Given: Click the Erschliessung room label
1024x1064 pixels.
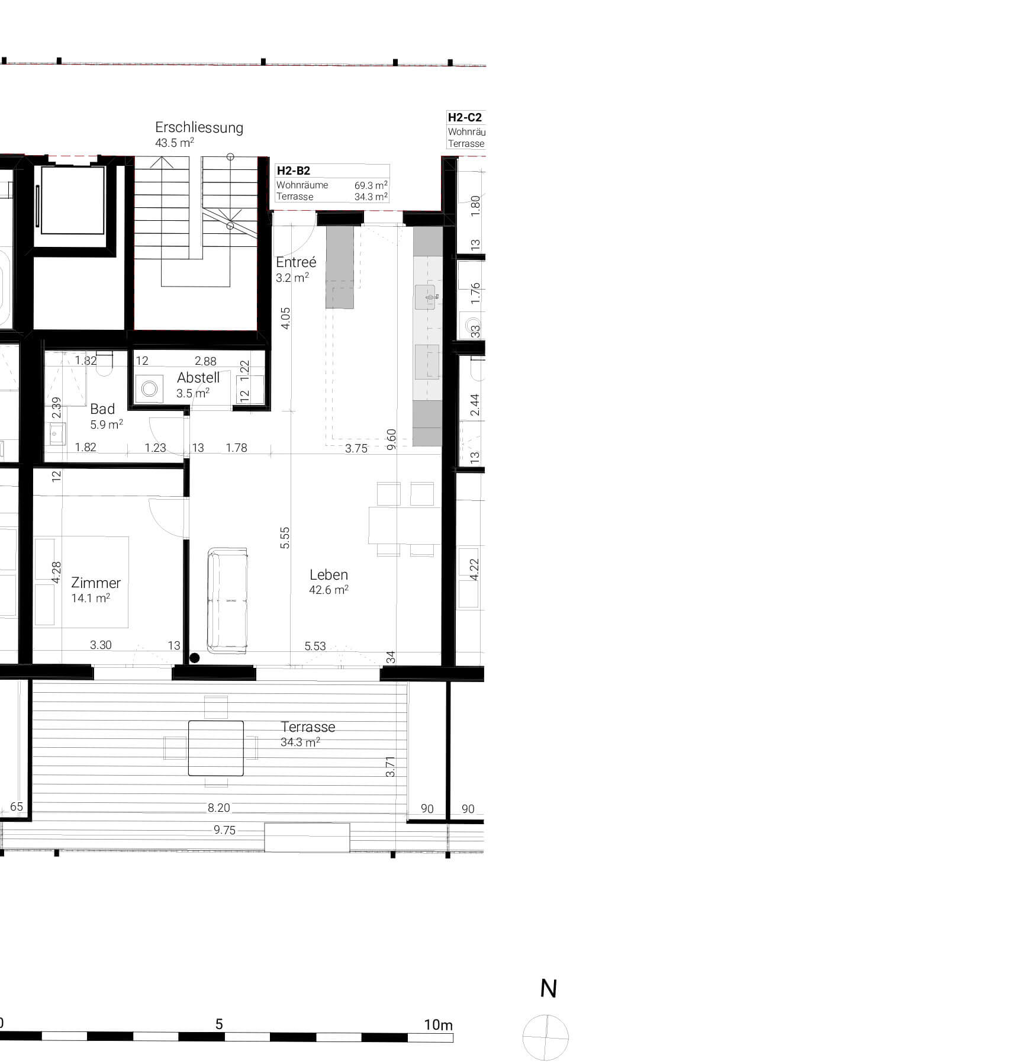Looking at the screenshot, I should coord(199,128).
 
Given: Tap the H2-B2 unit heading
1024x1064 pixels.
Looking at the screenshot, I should coord(294,171).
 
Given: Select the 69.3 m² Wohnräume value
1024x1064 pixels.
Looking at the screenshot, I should coord(371,185).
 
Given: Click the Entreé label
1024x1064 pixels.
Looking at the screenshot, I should coord(296,262).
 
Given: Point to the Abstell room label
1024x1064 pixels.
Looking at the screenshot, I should coord(198,378).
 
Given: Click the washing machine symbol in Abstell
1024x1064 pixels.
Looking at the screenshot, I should coord(149,389).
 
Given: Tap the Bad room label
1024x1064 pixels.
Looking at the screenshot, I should coord(102,409).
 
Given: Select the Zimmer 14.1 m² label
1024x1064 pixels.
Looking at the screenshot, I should coord(95,590).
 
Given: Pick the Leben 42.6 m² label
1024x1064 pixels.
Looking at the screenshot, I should coord(329,581).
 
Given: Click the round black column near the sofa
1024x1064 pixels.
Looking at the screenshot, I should coord(194,658).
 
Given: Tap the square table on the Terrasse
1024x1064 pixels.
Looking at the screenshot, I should coord(216,748).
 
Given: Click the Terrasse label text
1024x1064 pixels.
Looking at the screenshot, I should coord(308,727).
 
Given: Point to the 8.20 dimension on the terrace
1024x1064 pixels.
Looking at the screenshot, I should coord(218,808).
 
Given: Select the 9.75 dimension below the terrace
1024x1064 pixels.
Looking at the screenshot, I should coord(224,830).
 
